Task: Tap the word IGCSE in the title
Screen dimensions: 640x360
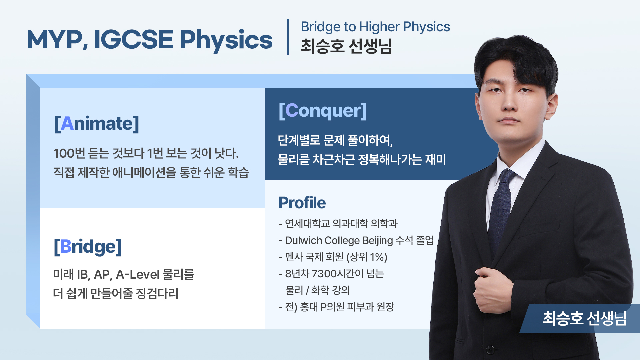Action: point(133,40)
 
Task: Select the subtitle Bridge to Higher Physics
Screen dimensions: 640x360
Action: point(375,27)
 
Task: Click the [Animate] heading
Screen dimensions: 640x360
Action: point(97,123)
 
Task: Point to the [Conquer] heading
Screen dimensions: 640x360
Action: point(323,111)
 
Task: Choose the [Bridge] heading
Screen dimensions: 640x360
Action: point(88,247)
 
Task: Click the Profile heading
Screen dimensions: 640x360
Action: point(302,203)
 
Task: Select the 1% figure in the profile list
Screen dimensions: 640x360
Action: point(377,257)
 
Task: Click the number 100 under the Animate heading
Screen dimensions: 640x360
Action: point(64,154)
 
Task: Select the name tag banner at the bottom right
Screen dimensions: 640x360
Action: point(580,318)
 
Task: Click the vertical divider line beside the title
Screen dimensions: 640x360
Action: point(288,37)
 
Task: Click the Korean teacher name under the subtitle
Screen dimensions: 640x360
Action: point(346,46)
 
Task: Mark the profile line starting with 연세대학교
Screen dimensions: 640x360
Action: point(338,223)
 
